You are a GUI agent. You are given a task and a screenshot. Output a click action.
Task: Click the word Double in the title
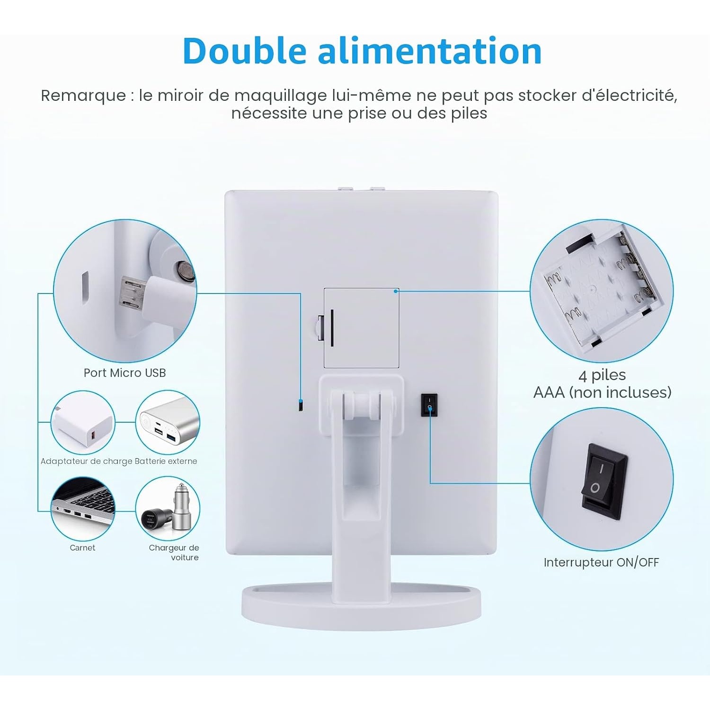(x=244, y=51)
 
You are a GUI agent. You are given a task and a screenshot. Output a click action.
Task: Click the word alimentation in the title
(x=429, y=51)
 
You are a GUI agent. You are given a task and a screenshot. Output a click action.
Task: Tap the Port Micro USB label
(x=124, y=373)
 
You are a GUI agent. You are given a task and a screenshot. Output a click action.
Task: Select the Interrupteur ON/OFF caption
(x=601, y=562)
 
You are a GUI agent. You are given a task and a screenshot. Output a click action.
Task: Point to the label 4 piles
(x=602, y=375)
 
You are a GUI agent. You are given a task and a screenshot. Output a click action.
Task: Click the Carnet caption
(x=82, y=548)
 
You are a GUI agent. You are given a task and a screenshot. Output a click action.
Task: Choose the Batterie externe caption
(x=166, y=461)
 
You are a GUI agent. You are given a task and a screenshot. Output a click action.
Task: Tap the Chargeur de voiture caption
(x=174, y=552)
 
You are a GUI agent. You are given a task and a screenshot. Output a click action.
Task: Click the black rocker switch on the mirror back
(x=429, y=405)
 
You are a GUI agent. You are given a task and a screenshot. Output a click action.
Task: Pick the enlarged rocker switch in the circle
(x=604, y=481)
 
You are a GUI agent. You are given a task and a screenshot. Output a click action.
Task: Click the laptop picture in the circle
(x=83, y=509)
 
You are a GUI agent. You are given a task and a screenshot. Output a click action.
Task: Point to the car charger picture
(x=168, y=509)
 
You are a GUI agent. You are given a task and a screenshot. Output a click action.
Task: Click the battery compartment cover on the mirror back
(x=361, y=328)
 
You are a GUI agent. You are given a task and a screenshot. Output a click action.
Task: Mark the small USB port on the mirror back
(x=301, y=406)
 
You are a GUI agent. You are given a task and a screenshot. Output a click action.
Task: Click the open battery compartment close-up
(x=601, y=290)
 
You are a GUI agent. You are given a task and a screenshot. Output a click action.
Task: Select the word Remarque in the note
(x=83, y=96)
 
